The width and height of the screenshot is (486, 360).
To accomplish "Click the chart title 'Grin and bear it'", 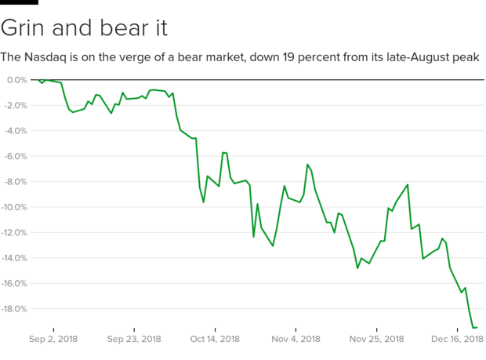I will pos(84,28).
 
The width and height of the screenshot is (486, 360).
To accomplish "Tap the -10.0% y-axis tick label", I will pos(14,207).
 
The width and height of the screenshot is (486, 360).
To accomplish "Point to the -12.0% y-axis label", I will pos(14,232).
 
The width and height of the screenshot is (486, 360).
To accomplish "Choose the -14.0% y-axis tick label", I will pos(14,258).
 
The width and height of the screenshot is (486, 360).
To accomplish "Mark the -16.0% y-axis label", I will pos(14,283).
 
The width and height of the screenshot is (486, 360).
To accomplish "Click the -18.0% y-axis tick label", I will pos(14,309).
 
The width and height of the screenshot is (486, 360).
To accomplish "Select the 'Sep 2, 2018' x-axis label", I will pos(53,339).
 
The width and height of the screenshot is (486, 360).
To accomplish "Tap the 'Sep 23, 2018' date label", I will pos(133,339).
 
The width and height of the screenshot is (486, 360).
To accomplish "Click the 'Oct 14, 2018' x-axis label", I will pos(214,339).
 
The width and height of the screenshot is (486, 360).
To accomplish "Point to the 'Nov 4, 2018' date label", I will pos(295,339).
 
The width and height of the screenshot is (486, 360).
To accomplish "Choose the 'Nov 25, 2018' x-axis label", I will pos(375,339).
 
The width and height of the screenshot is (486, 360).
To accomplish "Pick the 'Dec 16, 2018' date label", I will pos(457,339).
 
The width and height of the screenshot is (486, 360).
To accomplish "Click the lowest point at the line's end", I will pos(474,327).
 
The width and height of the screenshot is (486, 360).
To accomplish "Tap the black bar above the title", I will pos(19,2).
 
